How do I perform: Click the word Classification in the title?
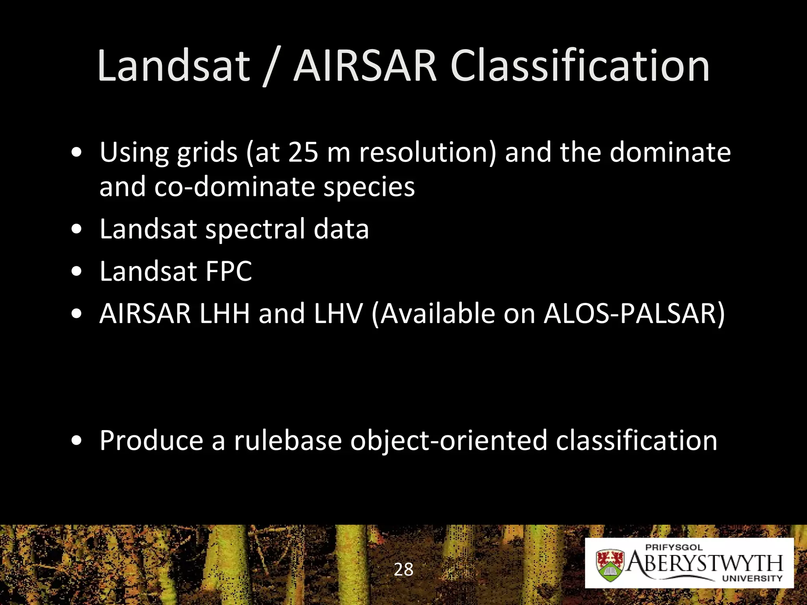point(580,66)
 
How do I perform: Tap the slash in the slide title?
point(271,67)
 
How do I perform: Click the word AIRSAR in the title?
point(365,66)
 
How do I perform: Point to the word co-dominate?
point(234,186)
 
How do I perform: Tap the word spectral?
point(255,230)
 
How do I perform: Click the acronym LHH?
point(224,314)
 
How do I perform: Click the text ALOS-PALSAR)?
point(634,314)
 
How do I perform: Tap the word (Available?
point(433,314)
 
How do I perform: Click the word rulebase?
point(288,440)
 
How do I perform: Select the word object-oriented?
point(448,441)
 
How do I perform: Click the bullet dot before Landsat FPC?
point(77,271)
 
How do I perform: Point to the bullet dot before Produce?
point(77,440)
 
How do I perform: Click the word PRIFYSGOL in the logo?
point(674,547)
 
